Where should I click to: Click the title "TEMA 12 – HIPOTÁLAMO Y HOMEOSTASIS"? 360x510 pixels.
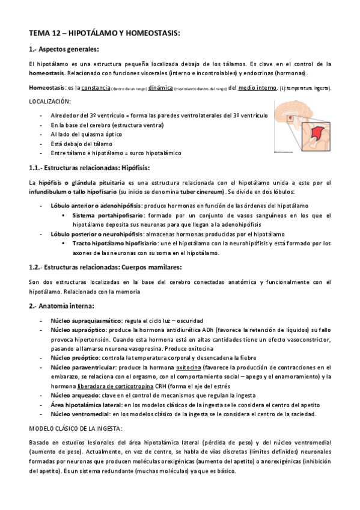(104, 34)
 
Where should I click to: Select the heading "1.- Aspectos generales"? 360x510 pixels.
(64, 49)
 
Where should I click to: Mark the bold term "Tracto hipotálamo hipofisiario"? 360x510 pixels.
(114, 243)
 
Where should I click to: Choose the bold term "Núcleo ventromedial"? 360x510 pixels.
(79, 414)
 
